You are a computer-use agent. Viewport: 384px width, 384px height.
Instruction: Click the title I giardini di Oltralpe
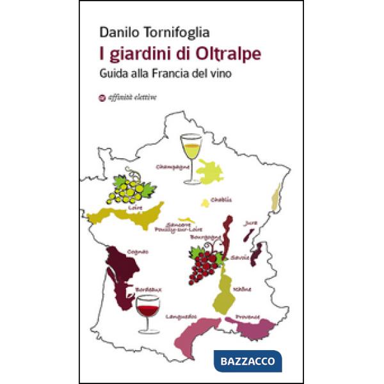(179, 53)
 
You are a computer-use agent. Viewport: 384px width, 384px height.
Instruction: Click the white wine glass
(191, 156)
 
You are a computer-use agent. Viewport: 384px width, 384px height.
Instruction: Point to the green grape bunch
(133, 187)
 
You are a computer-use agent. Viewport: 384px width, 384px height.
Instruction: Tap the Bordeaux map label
(148, 289)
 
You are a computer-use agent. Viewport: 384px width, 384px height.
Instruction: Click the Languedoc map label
(181, 316)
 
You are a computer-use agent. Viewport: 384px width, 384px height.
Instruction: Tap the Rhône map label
(243, 289)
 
